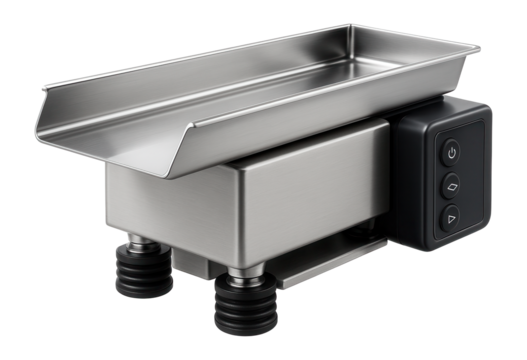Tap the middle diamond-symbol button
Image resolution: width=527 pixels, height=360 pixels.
(x=451, y=184)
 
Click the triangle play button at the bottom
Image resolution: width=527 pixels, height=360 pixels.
(x=450, y=217)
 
